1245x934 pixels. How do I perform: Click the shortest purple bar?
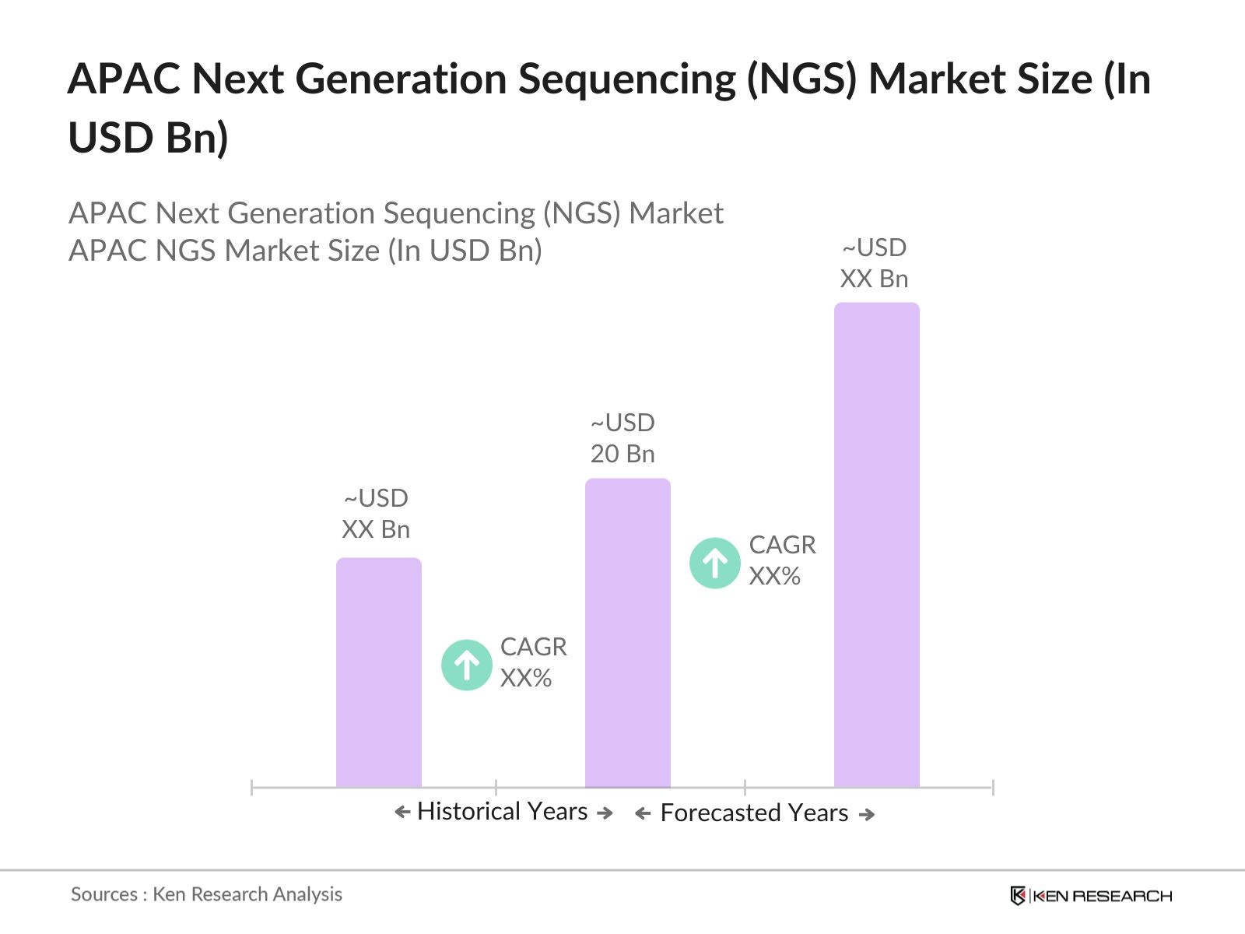378,673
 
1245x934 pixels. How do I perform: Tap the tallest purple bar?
876,545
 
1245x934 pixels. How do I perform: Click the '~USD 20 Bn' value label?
622,438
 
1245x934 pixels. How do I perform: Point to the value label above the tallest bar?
874,263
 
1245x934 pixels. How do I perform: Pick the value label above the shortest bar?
376,514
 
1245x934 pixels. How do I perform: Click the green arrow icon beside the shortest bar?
466,665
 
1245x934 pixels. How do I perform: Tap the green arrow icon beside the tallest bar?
714,563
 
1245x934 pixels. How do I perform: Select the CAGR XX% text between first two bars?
533,662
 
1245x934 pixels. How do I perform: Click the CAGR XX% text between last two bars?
782,560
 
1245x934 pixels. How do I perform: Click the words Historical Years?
502,812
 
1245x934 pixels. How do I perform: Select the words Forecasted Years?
754,813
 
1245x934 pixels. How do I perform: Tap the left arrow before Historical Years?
402,813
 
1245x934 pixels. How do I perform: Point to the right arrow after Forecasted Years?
867,815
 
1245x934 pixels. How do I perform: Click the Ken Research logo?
1091,896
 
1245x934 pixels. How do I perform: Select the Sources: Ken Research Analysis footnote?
206,894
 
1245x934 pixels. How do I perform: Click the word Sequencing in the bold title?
626,79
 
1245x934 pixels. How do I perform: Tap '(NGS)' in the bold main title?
801,79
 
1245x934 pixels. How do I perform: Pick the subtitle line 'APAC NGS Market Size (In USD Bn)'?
305,251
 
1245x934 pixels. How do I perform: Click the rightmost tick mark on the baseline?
993,788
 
